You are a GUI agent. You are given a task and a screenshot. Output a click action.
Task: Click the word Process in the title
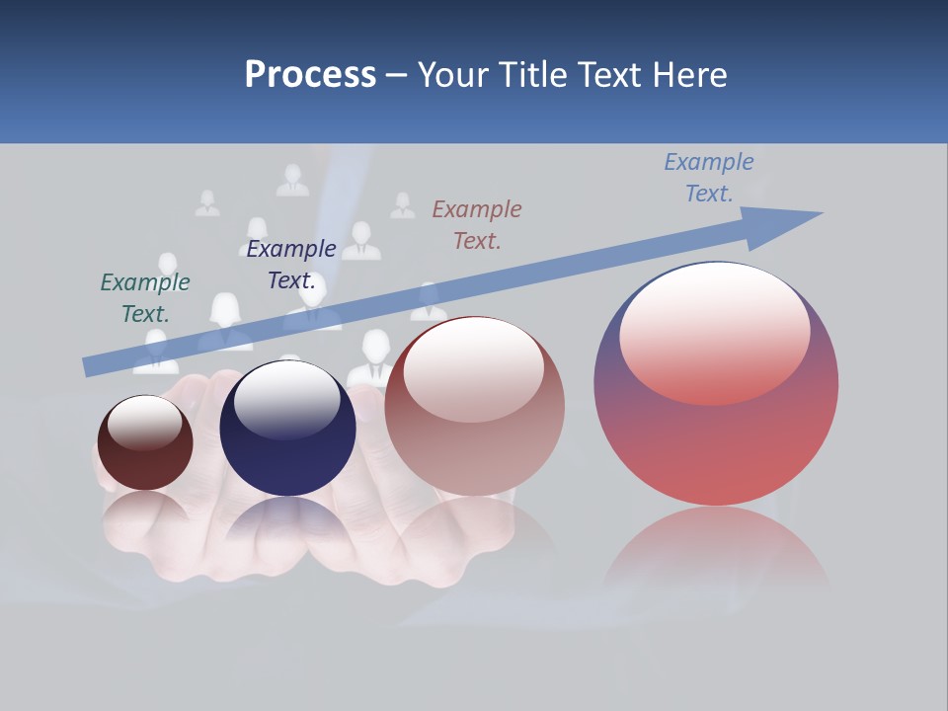(310, 75)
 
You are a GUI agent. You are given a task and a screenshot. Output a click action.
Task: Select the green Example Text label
(145, 297)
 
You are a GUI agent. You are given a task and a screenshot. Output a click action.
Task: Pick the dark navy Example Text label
(291, 265)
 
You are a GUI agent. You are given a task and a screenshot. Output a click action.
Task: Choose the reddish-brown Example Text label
(477, 224)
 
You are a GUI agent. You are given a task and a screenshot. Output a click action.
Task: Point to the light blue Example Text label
(709, 178)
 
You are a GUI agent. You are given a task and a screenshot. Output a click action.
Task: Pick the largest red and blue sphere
(716, 444)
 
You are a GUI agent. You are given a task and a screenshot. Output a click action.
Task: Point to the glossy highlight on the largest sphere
(715, 331)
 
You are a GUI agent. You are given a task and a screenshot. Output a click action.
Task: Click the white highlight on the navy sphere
(286, 400)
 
